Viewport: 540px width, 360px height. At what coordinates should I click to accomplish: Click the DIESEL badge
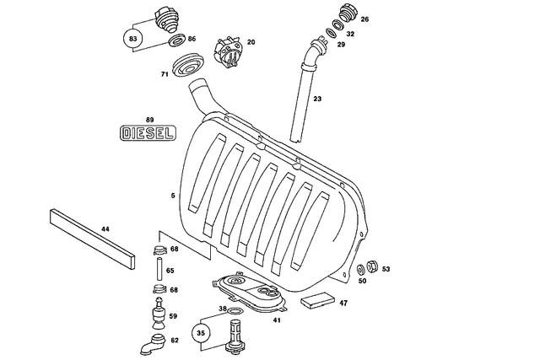point(149,133)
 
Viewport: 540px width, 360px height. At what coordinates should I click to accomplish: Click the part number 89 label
point(149,120)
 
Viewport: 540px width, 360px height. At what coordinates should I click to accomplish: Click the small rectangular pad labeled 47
point(319,301)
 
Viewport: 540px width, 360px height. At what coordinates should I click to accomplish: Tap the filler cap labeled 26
point(346,15)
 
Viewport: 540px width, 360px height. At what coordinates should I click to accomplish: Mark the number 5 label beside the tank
point(173,196)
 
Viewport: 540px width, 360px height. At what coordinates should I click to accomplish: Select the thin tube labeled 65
point(156,271)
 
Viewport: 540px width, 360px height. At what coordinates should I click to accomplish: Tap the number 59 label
point(173,316)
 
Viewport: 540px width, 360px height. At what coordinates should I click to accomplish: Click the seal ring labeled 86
point(175,40)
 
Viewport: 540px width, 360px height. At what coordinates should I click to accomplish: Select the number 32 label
point(350,35)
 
